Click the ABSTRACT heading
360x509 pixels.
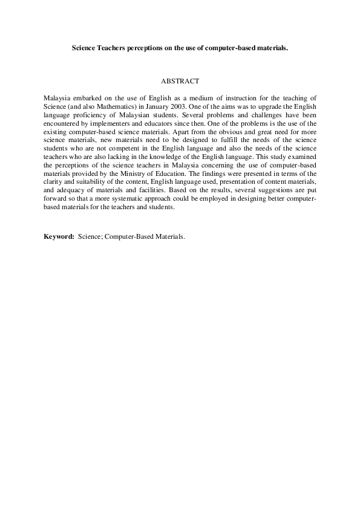point(180,80)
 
